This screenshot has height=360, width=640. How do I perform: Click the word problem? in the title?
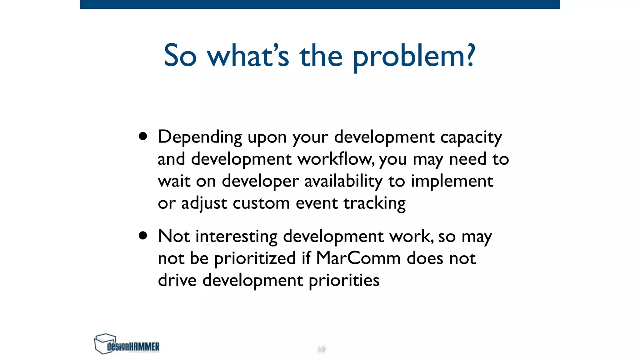point(414,56)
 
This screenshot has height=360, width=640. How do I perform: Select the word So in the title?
point(180,56)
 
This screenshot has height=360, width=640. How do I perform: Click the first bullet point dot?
point(143,136)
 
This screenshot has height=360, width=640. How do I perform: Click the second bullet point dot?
point(143,236)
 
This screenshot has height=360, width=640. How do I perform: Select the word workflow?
point(335,159)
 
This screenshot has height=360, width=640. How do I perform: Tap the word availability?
point(343,181)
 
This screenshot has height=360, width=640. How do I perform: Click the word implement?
point(452,182)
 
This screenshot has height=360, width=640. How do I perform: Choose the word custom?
point(261,203)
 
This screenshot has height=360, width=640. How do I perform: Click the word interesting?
point(236,237)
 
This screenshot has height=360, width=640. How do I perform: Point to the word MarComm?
point(358,258)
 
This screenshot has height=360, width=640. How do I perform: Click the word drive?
point(177,280)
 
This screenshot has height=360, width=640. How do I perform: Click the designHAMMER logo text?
point(133,347)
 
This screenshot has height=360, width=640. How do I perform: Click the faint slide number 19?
point(321,348)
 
